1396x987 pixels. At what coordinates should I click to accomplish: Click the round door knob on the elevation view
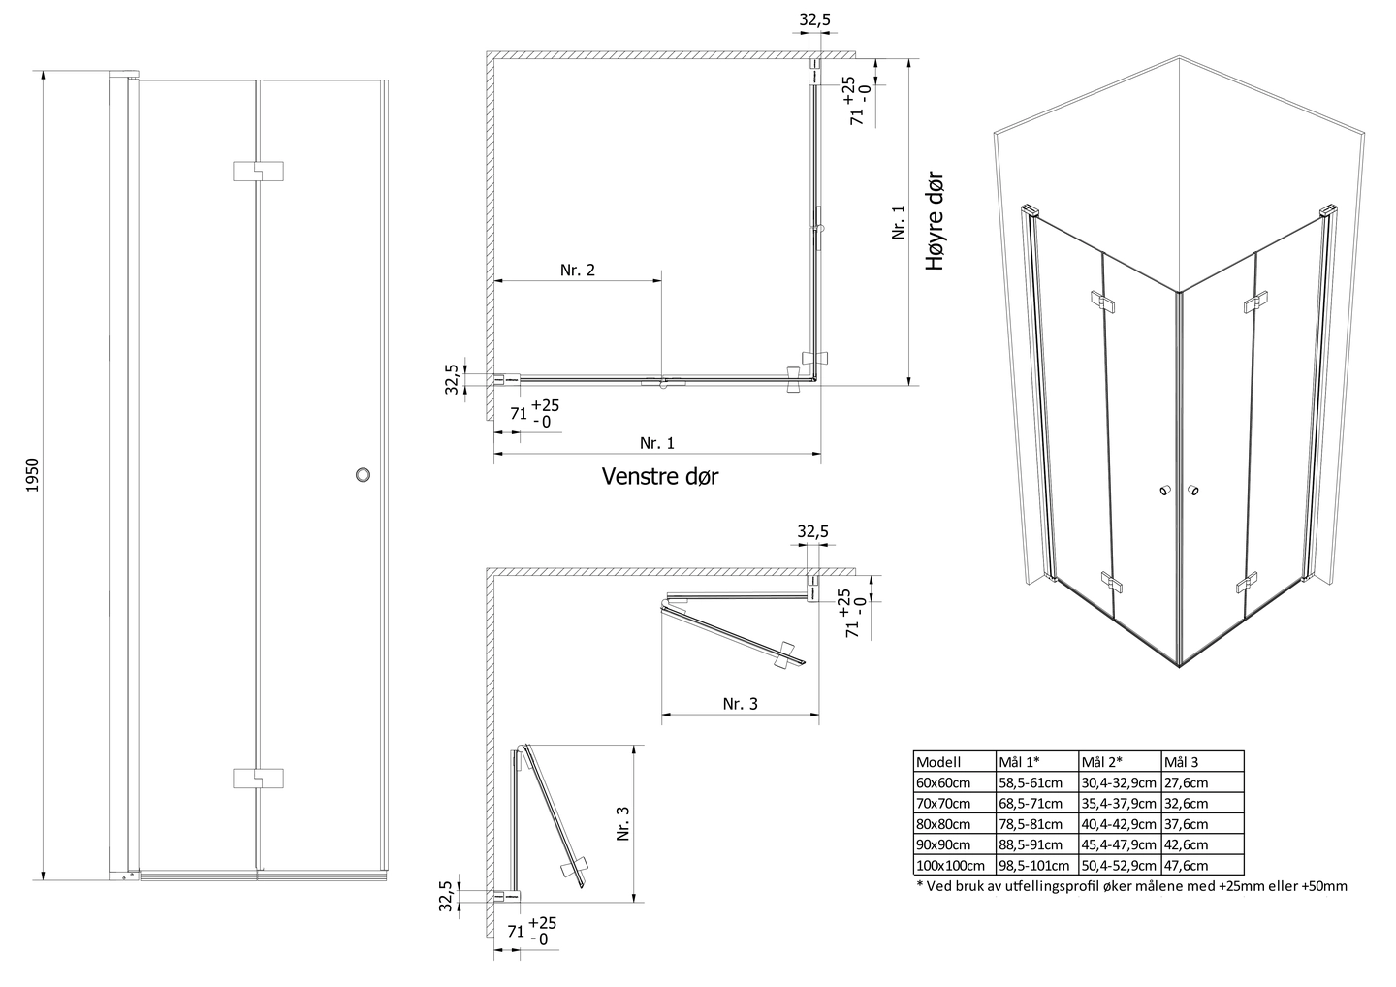tap(364, 475)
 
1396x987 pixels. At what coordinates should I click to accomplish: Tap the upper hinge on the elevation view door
tap(259, 171)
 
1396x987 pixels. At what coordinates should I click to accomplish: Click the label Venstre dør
tap(659, 476)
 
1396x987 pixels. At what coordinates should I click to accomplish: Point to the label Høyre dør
tap(934, 222)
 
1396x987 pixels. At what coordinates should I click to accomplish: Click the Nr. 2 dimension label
tap(577, 270)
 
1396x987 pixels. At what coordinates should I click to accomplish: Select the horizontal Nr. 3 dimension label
tap(740, 703)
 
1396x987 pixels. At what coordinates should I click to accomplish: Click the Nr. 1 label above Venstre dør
tap(656, 443)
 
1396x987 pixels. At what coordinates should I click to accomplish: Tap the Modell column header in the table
tap(937, 762)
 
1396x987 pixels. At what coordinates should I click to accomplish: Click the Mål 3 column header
tap(1184, 762)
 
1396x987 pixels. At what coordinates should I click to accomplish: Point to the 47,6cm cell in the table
tap(1187, 866)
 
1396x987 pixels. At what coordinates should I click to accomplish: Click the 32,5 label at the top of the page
tap(814, 18)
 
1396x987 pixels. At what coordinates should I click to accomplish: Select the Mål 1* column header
tap(1019, 762)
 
